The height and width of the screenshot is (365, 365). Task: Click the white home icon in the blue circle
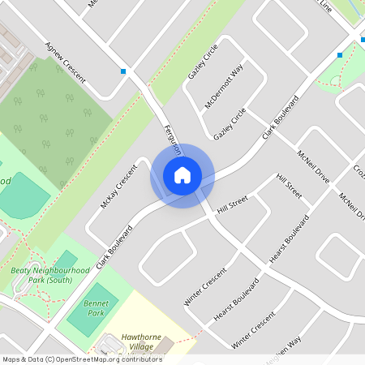pyautogui.click(x=182, y=175)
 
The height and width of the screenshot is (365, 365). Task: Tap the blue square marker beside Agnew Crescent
pyautogui.click(x=123, y=72)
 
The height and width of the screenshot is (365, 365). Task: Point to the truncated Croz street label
pyautogui.click(x=358, y=171)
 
